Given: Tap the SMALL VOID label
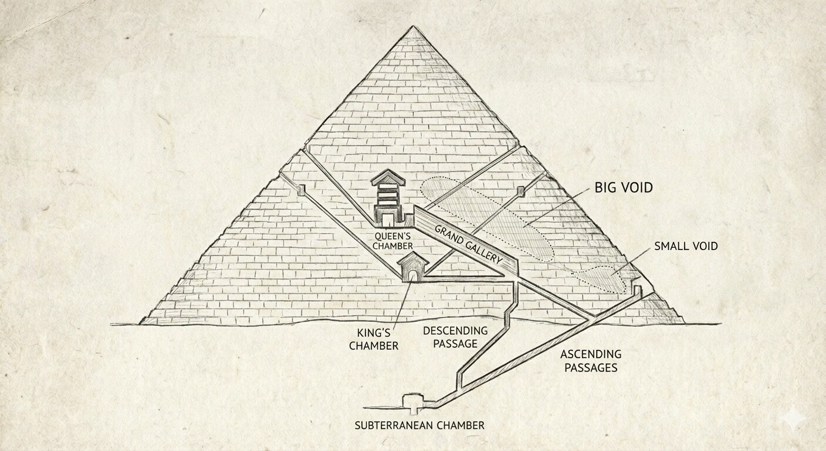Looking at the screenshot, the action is tap(686, 246).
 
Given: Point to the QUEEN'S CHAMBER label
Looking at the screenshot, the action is tap(392, 240).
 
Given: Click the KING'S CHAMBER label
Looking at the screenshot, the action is tap(374, 339).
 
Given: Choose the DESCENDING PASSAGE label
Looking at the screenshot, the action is tap(455, 337).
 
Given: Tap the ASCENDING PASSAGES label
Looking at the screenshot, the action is tap(591, 361).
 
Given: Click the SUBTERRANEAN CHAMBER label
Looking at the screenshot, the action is tap(419, 425).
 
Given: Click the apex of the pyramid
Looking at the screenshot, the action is tap(414, 26).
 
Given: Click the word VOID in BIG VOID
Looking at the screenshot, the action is tap(636, 187).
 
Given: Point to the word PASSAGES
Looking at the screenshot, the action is tap(591, 368).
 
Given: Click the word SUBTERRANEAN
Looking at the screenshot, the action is tap(393, 425).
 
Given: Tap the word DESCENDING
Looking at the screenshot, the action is tap(455, 330).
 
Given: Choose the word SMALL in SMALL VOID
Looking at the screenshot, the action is tap(670, 246).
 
